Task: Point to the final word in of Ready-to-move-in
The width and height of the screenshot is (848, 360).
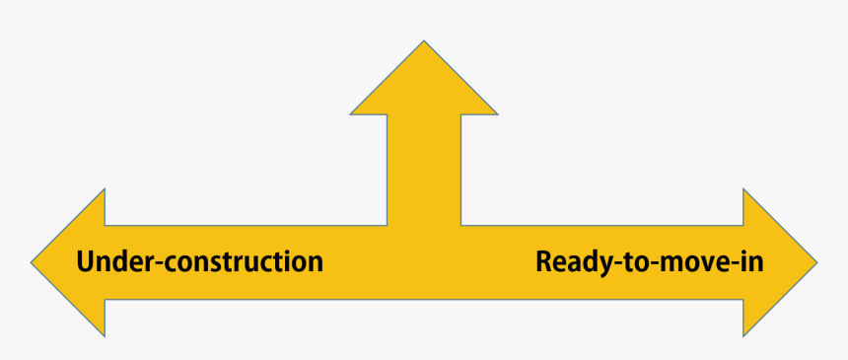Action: coord(753,262)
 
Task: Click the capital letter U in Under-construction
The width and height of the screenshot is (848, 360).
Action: coord(86,262)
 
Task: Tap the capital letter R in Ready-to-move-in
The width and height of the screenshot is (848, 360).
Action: coord(544,262)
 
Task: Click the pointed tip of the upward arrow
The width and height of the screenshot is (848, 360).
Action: coord(424,41)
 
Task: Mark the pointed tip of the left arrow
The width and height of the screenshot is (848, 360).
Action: coord(33,263)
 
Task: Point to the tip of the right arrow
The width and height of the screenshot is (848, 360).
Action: coord(815,263)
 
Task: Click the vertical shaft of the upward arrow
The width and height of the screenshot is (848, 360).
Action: coord(424,168)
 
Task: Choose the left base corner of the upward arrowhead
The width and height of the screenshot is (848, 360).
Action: coord(352,113)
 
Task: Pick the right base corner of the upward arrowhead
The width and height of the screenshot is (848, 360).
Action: coord(497,113)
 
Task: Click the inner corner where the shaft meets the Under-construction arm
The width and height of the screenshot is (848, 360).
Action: coord(387,225)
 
